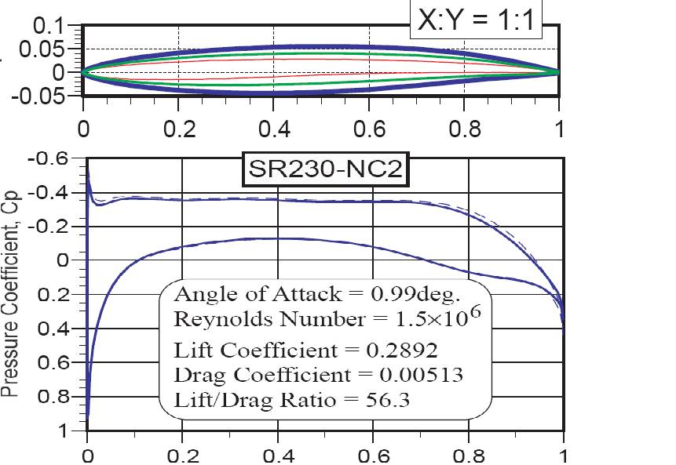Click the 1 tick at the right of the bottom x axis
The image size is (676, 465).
coord(563,456)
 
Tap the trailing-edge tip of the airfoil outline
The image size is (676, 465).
coord(558,71)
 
